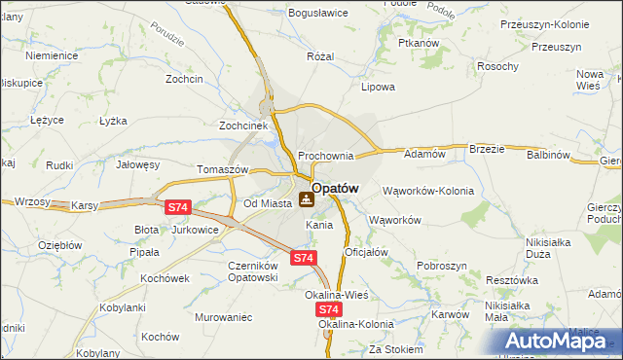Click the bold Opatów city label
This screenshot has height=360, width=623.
(x=336, y=188)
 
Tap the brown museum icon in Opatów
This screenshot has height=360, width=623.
(x=307, y=200)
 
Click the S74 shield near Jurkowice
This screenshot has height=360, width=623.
(x=176, y=207)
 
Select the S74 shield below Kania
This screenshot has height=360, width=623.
(x=303, y=258)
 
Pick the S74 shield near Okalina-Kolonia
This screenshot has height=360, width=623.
(x=328, y=307)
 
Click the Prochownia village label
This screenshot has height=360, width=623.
(x=325, y=156)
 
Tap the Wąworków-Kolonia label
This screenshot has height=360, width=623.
(x=428, y=191)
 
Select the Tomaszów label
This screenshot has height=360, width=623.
(x=224, y=168)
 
